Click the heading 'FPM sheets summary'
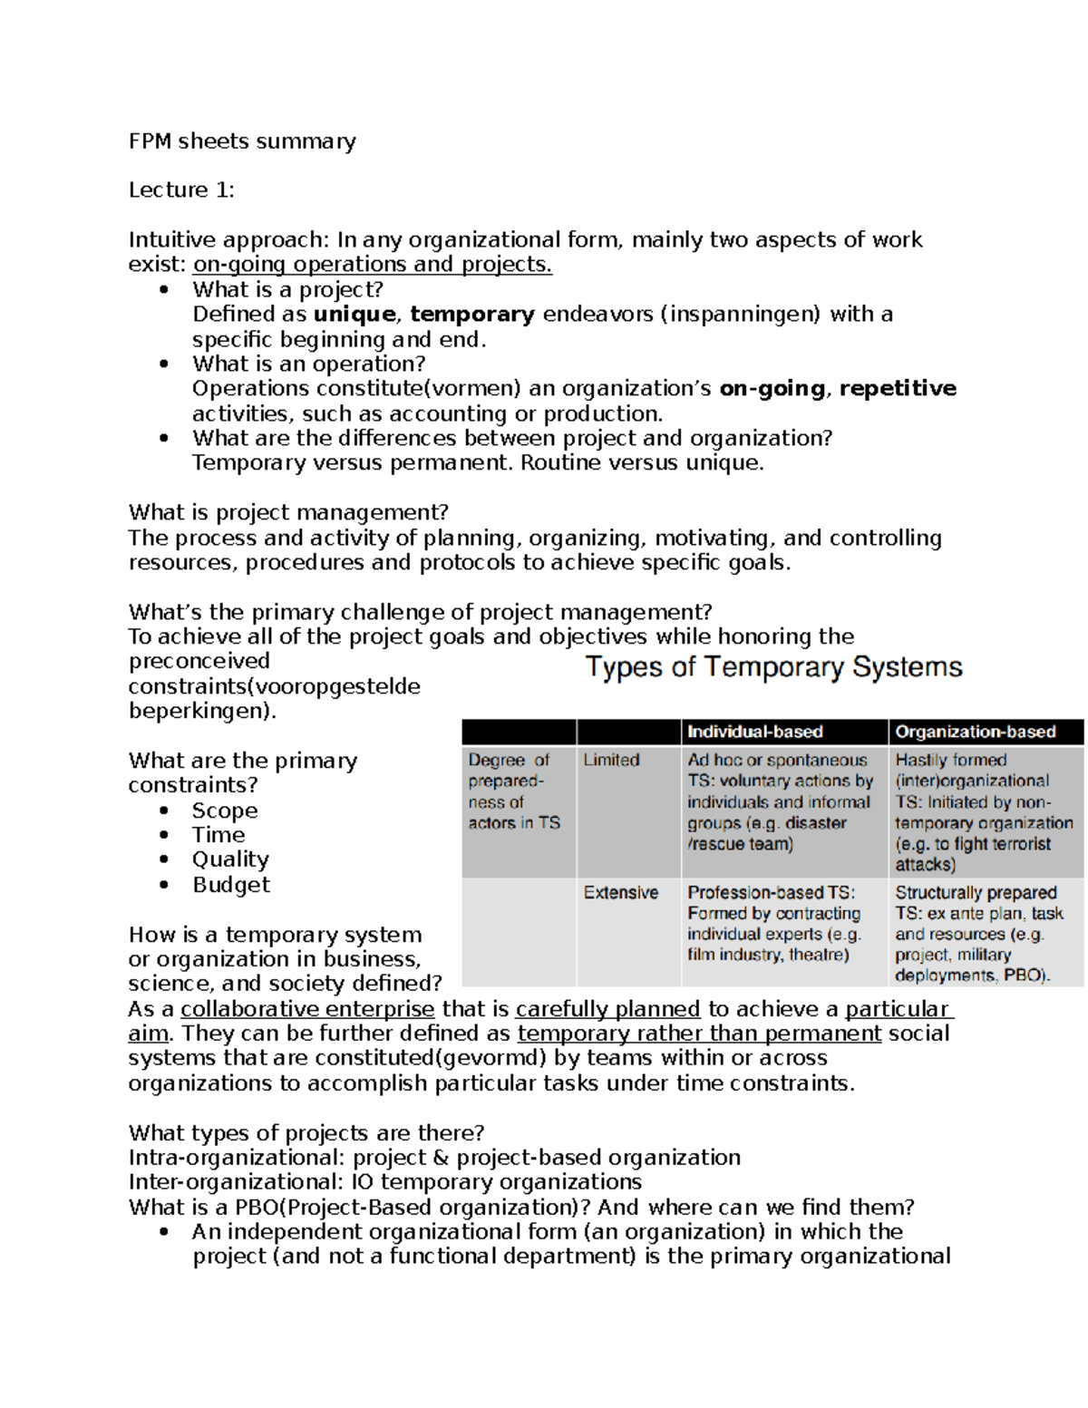(x=242, y=141)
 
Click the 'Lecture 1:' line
(x=181, y=190)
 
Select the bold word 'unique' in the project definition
(x=355, y=315)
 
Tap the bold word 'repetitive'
(x=898, y=389)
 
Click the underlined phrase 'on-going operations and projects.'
(x=373, y=265)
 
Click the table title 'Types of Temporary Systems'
(x=773, y=667)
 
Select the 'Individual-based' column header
(x=754, y=732)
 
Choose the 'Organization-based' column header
(x=976, y=732)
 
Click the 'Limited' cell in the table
(x=611, y=761)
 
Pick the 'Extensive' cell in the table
(x=621, y=893)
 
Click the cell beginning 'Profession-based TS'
(x=775, y=923)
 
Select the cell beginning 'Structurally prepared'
(x=978, y=934)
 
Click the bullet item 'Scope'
(x=225, y=811)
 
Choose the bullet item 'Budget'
(x=231, y=885)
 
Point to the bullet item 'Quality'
(x=230, y=859)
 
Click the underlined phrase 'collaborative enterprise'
(x=307, y=1009)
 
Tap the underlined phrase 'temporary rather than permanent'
(x=699, y=1034)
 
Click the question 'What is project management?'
(x=288, y=513)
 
